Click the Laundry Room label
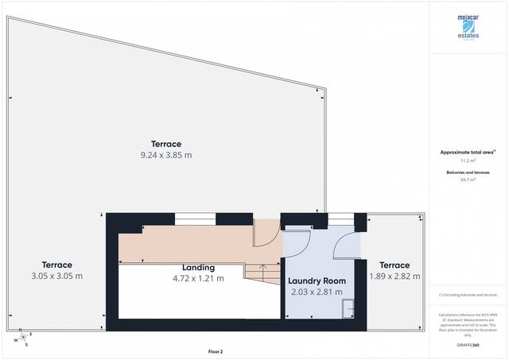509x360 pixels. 317,281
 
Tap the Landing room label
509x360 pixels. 198,267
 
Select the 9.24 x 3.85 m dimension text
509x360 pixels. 166,155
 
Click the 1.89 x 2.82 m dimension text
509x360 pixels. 394,276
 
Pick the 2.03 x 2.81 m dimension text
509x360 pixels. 316,292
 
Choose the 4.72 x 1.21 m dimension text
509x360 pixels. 198,278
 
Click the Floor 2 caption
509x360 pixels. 216,350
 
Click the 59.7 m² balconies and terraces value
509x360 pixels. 467,180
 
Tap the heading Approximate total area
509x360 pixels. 467,151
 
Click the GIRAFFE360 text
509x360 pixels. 467,345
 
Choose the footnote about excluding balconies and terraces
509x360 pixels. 467,295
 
